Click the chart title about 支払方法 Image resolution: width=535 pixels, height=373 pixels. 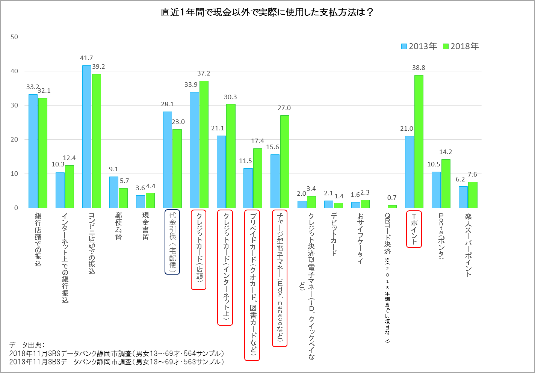(267, 12)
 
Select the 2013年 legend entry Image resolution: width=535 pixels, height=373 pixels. (419, 46)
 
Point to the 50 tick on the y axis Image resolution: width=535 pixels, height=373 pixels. (14, 37)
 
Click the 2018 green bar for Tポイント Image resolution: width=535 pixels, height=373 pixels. (419, 141)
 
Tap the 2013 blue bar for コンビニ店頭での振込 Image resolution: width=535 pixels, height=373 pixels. (87, 136)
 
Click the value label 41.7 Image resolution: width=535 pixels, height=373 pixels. (86, 58)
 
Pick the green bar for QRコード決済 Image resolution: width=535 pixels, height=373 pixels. (392, 206)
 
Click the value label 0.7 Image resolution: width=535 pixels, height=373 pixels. (392, 198)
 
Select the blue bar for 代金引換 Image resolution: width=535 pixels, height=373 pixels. (168, 160)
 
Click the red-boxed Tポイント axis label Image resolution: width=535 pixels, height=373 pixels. (414, 229)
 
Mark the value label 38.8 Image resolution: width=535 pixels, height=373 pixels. (419, 68)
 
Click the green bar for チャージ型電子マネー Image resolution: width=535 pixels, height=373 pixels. (284, 162)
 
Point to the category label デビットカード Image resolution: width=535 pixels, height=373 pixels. (334, 234)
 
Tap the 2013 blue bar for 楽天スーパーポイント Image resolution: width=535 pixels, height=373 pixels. (463, 197)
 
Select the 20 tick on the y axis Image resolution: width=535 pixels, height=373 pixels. (14, 139)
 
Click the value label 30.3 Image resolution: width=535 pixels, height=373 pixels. (230, 97)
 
